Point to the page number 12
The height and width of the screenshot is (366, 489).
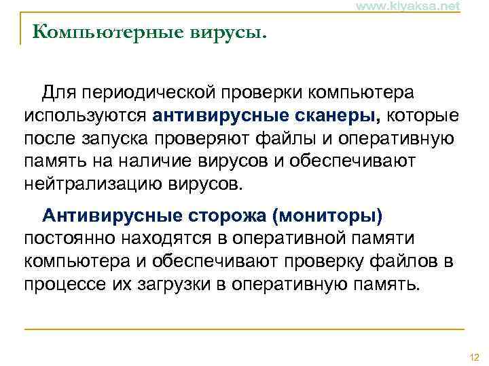474,357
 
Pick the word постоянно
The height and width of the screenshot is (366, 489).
71,239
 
